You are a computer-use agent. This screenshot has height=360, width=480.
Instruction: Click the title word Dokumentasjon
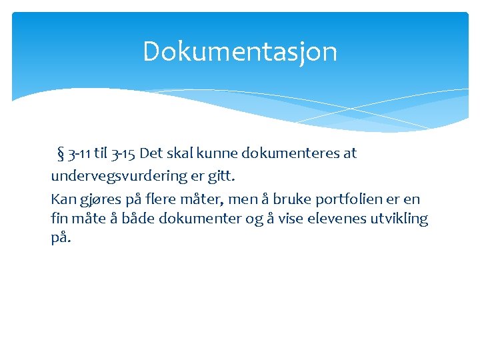(240, 52)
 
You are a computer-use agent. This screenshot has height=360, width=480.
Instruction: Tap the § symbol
(62, 154)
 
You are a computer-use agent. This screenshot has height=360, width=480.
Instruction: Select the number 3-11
(79, 154)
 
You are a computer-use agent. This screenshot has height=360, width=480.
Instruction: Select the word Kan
(63, 199)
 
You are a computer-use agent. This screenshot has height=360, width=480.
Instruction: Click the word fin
(59, 218)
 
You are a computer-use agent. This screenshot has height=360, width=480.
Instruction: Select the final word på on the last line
(60, 238)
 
